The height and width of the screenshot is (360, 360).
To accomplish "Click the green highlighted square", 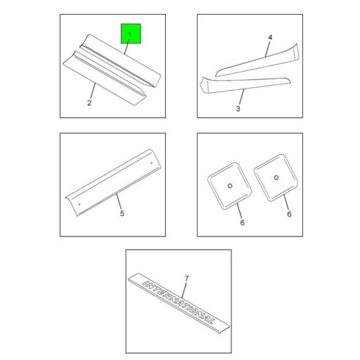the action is click(131, 34).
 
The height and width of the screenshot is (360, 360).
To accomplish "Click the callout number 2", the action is click(89, 103).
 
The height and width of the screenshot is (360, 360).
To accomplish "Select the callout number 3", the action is click(238, 109).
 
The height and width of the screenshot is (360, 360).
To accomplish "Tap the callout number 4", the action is click(270, 37).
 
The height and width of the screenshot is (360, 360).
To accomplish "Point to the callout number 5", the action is click(122, 214).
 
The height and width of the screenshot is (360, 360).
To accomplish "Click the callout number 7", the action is click(186, 278).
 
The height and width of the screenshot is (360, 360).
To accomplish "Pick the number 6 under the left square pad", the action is click(243, 222).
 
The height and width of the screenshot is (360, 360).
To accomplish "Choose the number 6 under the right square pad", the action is click(290, 214).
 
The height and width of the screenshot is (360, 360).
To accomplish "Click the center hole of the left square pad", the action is click(230, 186).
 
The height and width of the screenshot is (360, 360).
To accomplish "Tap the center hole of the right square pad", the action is click(276, 177).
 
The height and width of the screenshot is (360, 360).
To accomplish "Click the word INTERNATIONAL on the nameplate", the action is click(179, 302).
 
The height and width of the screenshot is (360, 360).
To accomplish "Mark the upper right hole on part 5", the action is click(151, 163).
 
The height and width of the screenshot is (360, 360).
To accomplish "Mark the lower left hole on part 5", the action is click(79, 205).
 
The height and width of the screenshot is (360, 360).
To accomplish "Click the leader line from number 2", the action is click(92, 91).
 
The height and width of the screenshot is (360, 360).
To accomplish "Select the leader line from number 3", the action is click(242, 97).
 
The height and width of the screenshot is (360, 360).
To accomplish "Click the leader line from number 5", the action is click(119, 201).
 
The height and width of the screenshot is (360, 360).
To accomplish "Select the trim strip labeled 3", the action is click(244, 85).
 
